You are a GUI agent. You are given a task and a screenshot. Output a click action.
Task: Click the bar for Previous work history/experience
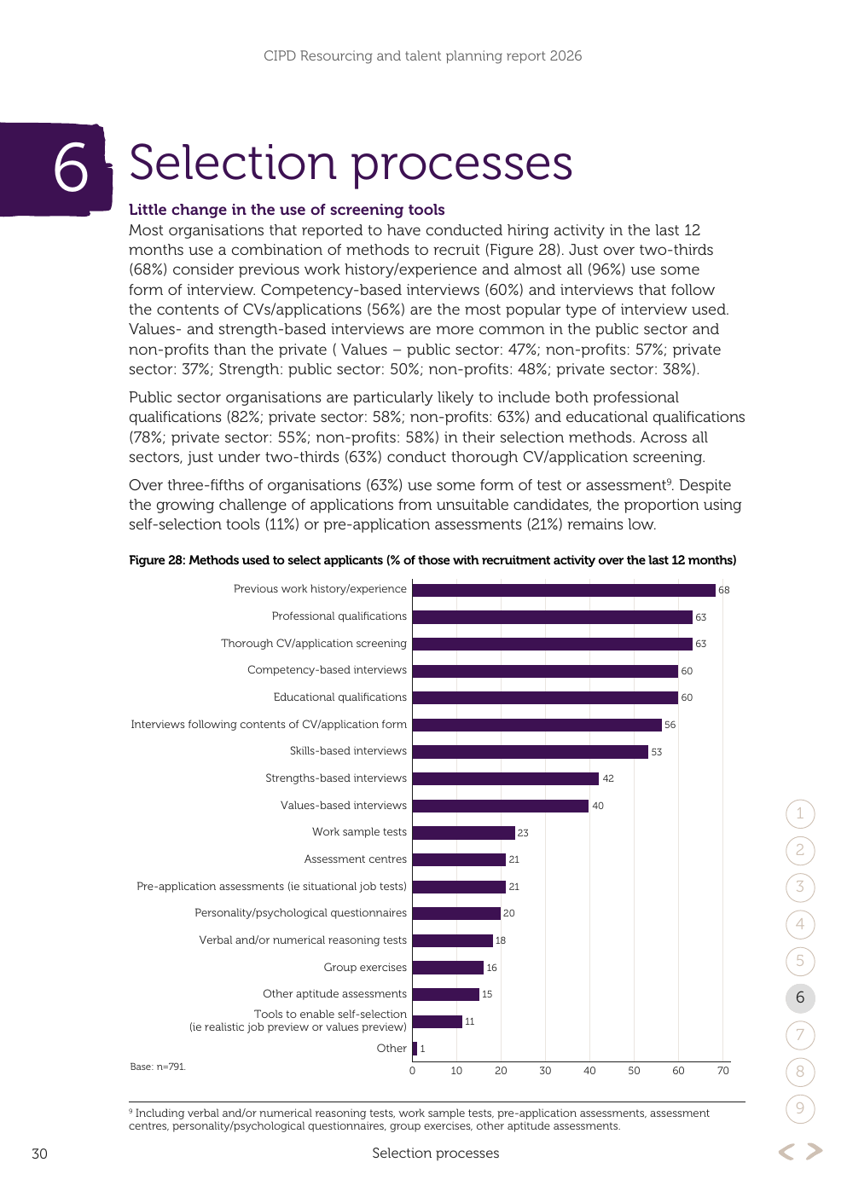coord(564,590)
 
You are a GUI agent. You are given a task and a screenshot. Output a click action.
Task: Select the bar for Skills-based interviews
coord(530,752)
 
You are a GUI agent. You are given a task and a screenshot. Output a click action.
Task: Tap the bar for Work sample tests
coord(464,833)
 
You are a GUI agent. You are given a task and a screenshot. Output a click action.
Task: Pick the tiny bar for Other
coord(415,1049)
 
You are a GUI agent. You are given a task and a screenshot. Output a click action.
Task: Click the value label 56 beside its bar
coord(670,725)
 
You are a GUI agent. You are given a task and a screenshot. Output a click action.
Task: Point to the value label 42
coord(608,778)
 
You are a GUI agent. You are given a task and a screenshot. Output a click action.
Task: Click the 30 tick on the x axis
coord(545,1071)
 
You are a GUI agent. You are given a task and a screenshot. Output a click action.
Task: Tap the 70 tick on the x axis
coord(722,1071)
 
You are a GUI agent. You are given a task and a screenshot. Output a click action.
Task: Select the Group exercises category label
coord(365,967)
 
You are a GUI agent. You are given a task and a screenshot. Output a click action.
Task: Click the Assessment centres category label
coord(355,859)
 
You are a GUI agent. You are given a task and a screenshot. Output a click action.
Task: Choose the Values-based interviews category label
coord(343,806)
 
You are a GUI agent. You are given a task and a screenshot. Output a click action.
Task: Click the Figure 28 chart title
coord(432,560)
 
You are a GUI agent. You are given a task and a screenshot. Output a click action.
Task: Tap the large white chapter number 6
coord(71,167)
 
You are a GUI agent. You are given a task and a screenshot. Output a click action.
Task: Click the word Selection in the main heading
coord(233,163)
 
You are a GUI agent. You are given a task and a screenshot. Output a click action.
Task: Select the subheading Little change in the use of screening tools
coord(287,210)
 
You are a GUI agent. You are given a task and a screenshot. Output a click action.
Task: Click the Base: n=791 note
coord(158,1067)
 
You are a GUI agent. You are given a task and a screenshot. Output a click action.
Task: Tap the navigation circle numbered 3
coord(800,887)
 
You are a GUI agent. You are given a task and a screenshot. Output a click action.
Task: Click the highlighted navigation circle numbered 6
coord(800,997)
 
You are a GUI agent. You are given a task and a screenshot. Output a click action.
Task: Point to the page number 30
coord(39,1154)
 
